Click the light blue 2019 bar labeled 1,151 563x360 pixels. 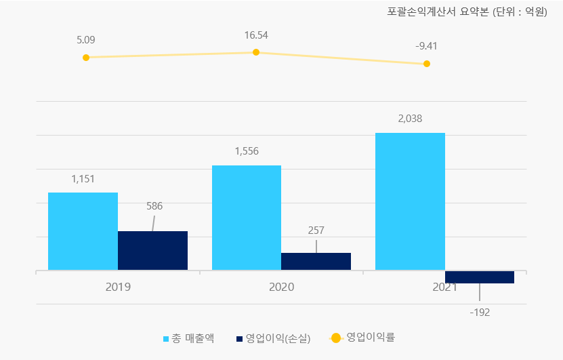pyautogui.click(x=83, y=231)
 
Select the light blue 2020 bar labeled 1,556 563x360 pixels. pyautogui.click(x=247, y=218)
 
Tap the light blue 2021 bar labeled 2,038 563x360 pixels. pyautogui.click(x=410, y=201)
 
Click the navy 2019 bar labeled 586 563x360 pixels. pyautogui.click(x=152, y=250)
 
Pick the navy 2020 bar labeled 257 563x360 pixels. pyautogui.click(x=316, y=261)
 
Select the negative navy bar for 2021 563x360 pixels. pyautogui.click(x=480, y=277)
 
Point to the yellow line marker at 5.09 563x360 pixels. pyautogui.click(x=86, y=58)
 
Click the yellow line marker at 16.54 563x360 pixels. pyautogui.click(x=256, y=52)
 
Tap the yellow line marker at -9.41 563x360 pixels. pyautogui.click(x=427, y=64)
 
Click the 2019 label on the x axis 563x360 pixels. pyautogui.click(x=118, y=287)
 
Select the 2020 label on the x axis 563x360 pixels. pyautogui.click(x=281, y=287)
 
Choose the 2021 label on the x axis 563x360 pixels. pyautogui.click(x=444, y=287)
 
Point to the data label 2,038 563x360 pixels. pyautogui.click(x=410, y=119)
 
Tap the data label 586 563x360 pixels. pyautogui.click(x=154, y=206)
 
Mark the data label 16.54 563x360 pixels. pyautogui.click(x=256, y=35)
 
